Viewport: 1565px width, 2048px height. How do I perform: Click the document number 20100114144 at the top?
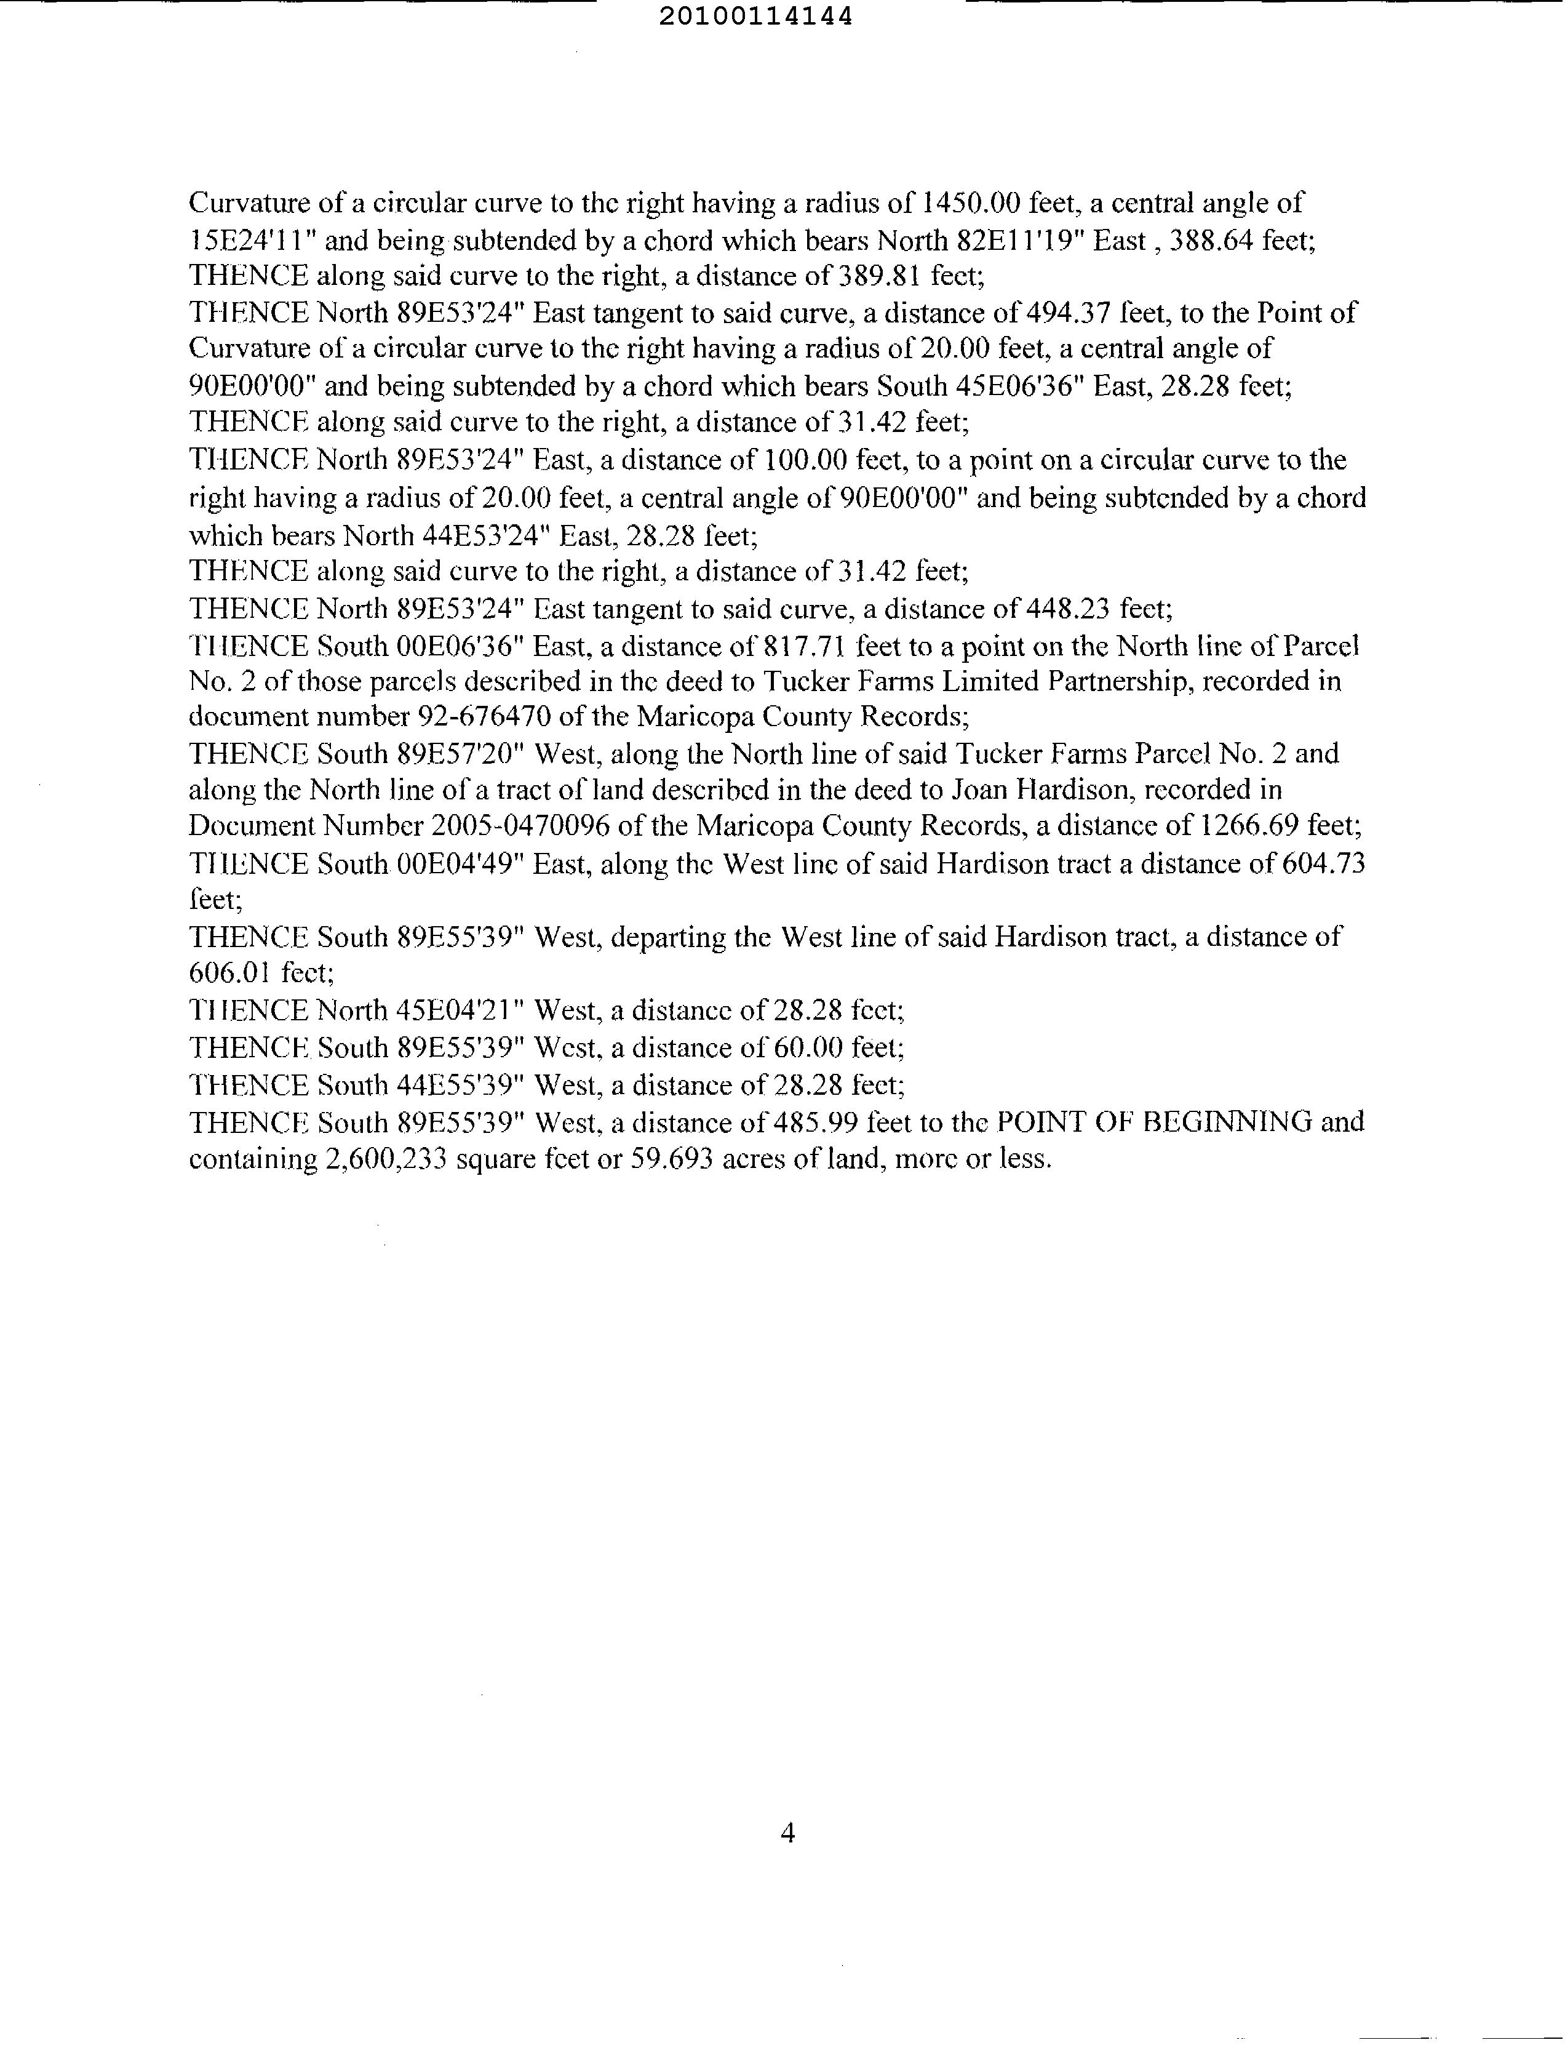[755, 17]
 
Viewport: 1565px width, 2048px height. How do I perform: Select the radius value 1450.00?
[969, 202]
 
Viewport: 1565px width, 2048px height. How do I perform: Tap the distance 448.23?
[1067, 609]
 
